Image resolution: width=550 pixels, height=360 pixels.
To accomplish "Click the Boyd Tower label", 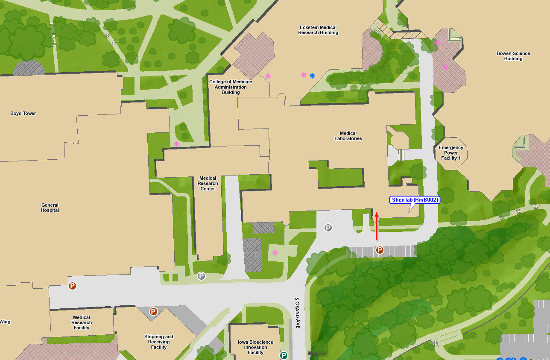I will point(23,114).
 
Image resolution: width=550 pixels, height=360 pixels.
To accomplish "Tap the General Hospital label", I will point(50,208).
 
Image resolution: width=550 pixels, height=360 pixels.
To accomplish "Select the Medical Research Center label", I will point(208,183).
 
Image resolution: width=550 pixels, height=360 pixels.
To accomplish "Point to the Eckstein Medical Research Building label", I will point(318,30).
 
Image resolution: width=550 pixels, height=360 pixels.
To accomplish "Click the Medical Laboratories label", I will point(348,136).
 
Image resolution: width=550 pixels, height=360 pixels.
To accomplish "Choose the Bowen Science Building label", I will point(513,56).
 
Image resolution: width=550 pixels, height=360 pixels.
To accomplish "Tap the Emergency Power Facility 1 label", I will point(451,153).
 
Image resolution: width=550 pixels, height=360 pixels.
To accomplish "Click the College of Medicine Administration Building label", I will point(231,87).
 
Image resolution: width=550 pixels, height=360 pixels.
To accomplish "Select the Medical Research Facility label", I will point(82,322).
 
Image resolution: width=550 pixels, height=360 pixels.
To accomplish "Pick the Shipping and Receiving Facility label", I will point(159,342).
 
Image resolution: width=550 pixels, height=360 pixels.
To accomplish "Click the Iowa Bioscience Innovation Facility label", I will point(255,347).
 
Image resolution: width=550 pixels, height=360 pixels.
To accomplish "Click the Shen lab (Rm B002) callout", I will point(415,200).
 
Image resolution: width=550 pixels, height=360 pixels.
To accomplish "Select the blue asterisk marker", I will point(312,76).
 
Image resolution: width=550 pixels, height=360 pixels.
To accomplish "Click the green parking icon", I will point(284,355).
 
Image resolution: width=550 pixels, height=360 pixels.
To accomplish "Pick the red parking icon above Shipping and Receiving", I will point(153,312).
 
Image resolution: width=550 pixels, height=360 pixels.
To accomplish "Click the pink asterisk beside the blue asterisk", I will point(304,75).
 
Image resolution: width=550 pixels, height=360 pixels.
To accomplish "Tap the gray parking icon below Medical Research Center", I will point(201,276).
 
